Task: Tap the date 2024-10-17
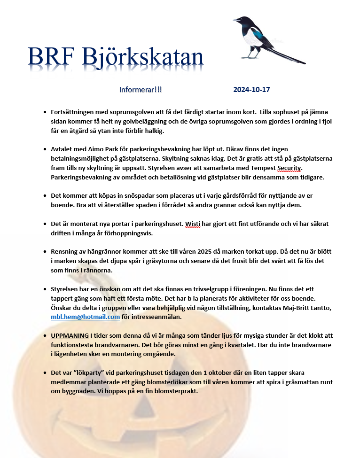[251, 90]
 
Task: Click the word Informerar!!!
[141, 90]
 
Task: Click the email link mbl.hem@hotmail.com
[85, 317]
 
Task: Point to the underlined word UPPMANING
[70, 336]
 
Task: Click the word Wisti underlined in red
[193, 224]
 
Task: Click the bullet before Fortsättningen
[45, 112]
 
